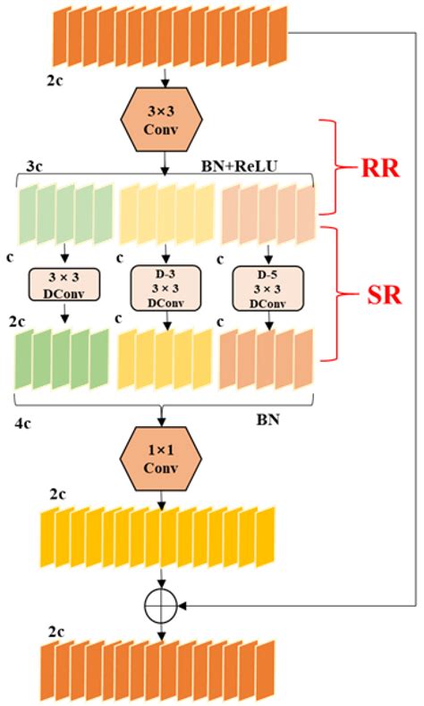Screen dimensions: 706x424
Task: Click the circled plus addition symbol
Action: click(x=162, y=607)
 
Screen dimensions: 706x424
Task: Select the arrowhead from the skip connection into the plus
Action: click(x=186, y=607)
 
